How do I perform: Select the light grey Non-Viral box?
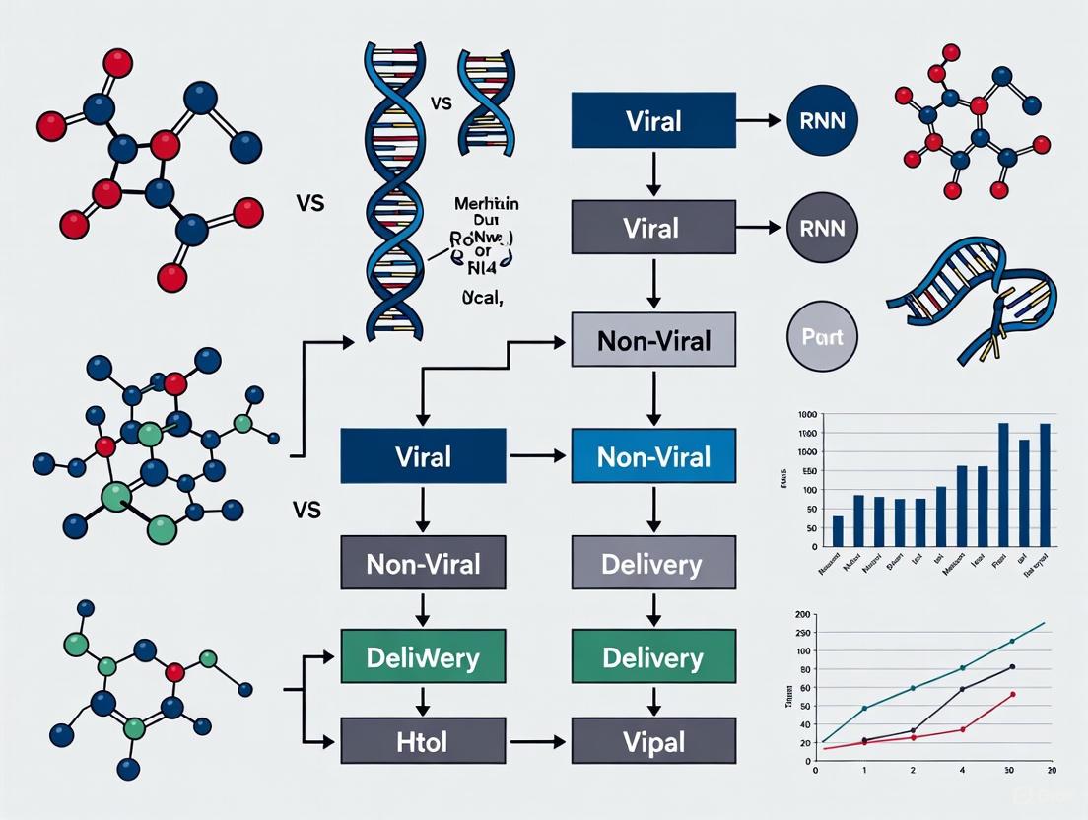coord(653,341)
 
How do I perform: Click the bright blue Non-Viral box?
coord(653,457)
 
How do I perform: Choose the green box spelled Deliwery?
coord(423,658)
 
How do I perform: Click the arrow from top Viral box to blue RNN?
coord(760,121)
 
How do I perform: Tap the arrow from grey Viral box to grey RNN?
coord(760,229)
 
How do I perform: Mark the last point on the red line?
coord(1012,694)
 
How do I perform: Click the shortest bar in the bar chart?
coord(838,530)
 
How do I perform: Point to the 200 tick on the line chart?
coord(801,614)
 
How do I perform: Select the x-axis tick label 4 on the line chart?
coord(962,770)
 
